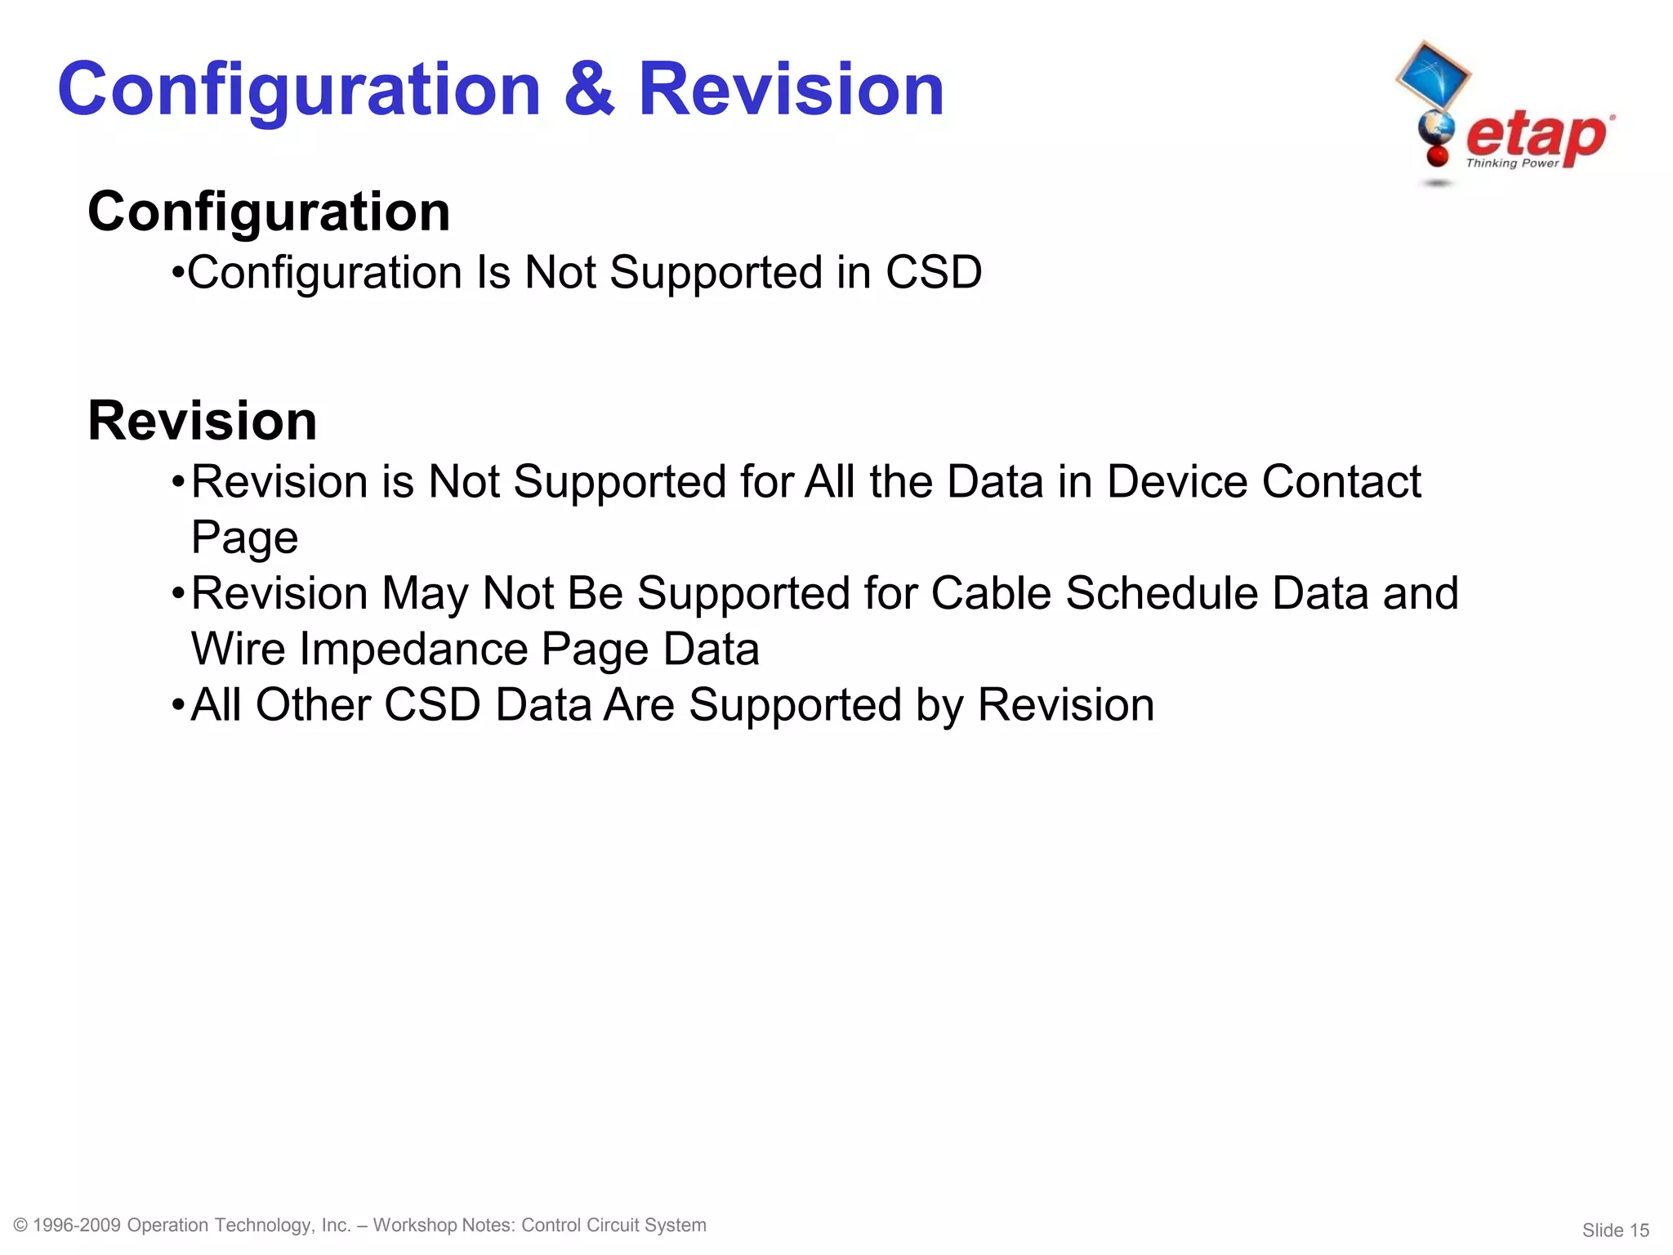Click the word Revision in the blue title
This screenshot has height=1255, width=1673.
pyautogui.click(x=790, y=90)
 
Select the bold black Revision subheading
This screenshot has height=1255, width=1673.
pyautogui.click(x=202, y=422)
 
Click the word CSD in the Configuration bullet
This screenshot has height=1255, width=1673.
pyautogui.click(x=934, y=272)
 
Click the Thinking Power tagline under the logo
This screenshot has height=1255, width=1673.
pyautogui.click(x=1512, y=163)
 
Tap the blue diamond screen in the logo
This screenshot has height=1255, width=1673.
pyautogui.click(x=1432, y=74)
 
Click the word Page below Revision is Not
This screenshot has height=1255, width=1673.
pyautogui.click(x=244, y=538)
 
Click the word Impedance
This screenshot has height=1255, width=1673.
pyautogui.click(x=413, y=650)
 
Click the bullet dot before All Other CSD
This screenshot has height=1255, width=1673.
pyautogui.click(x=177, y=705)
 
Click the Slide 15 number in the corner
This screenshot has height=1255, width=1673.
pyautogui.click(x=1615, y=1230)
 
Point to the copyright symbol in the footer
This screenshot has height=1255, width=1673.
pyautogui.click(x=21, y=1225)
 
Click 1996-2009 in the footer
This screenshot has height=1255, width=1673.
pyautogui.click(x=77, y=1225)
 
